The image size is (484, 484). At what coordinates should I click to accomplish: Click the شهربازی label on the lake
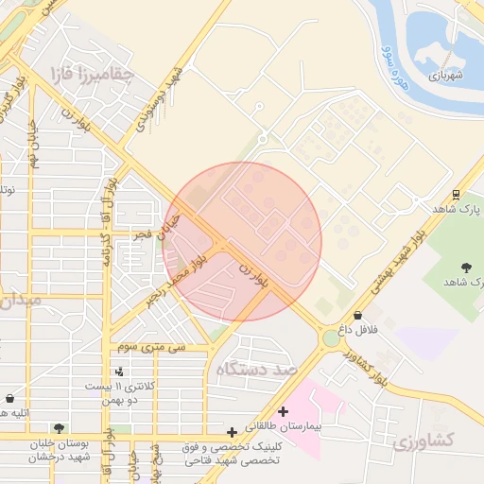click(x=447, y=75)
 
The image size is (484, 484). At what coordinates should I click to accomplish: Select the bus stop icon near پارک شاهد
click(x=457, y=195)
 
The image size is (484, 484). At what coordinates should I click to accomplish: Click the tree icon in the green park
click(x=467, y=268)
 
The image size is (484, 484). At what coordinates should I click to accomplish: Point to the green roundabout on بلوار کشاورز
click(x=331, y=337)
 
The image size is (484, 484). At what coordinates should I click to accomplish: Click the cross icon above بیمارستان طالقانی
click(x=283, y=411)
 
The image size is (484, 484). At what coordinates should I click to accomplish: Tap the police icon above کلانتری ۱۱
click(x=119, y=372)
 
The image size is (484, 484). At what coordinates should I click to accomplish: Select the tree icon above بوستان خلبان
click(x=60, y=428)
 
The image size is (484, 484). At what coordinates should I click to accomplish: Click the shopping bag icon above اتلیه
click(x=9, y=398)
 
